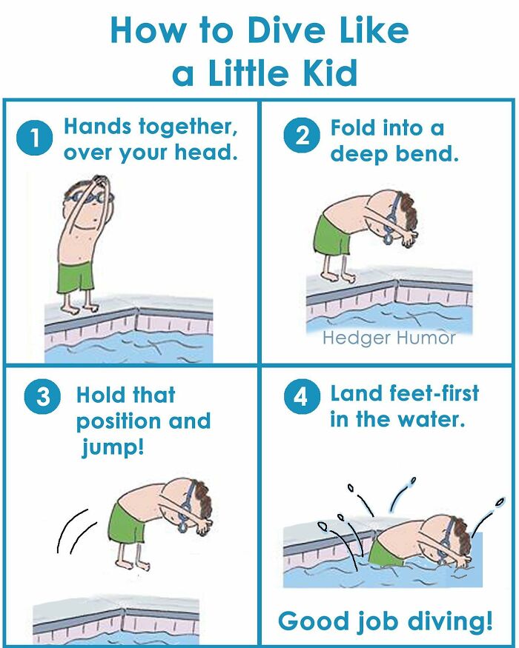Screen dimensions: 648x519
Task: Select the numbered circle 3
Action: pyautogui.click(x=42, y=398)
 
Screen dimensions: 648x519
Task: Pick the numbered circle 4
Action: pyautogui.click(x=301, y=397)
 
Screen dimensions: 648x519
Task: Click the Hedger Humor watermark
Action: pyautogui.click(x=389, y=338)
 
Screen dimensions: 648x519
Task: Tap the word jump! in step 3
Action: pyautogui.click(x=112, y=448)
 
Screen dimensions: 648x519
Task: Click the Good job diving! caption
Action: pyautogui.click(x=385, y=621)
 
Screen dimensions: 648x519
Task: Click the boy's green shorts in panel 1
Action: pyautogui.click(x=76, y=276)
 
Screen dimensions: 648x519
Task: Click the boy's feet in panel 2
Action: pyautogui.click(x=337, y=277)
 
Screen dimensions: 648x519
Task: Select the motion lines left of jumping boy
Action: pyautogui.click(x=75, y=530)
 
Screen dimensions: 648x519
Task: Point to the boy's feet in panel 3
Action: pyautogui.click(x=141, y=564)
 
